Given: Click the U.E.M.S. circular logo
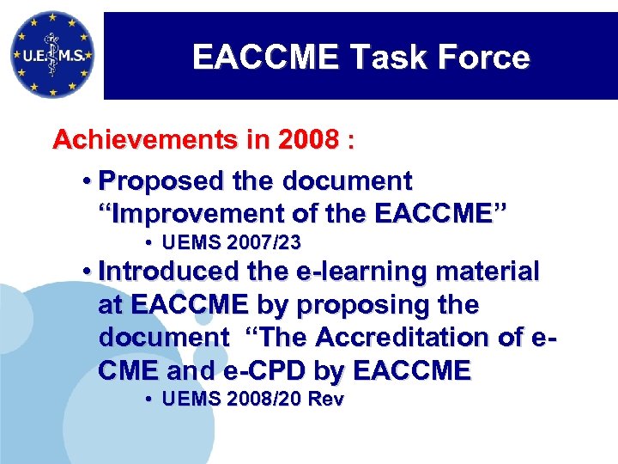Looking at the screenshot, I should point(51,54).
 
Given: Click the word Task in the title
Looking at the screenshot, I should point(385,58).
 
